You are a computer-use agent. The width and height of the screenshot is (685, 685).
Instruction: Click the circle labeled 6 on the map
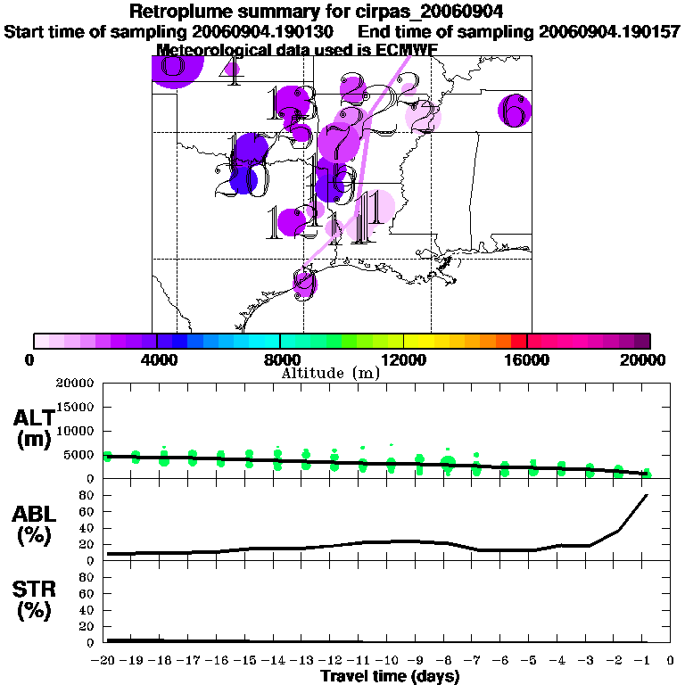514,111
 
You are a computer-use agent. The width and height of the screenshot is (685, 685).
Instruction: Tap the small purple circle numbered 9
305,283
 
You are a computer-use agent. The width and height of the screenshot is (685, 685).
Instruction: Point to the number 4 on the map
233,71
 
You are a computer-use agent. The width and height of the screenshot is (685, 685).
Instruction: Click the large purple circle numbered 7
338,141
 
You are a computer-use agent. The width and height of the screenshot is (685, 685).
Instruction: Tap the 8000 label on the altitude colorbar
279,359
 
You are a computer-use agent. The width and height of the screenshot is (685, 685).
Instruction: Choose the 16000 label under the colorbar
526,359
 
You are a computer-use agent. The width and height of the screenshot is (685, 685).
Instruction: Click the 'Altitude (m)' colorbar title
330,373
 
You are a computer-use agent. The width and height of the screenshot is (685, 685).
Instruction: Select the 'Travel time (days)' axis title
390,676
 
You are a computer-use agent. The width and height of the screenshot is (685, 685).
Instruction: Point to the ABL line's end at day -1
646,495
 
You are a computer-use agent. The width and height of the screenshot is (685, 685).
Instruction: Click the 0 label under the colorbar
34,359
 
